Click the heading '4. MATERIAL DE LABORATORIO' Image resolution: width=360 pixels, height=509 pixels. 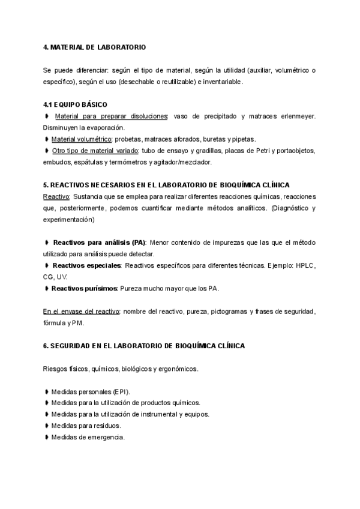click(x=94, y=47)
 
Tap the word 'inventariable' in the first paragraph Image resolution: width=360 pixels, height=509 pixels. click(x=223, y=82)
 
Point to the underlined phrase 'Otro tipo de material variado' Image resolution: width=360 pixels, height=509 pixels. click(x=95, y=151)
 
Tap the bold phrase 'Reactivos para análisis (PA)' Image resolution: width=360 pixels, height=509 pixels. click(x=100, y=242)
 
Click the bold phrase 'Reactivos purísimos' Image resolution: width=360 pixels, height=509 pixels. click(x=84, y=289)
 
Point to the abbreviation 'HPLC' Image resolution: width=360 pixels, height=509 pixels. click(x=305, y=265)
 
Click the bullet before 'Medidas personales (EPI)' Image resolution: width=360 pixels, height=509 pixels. click(x=47, y=392)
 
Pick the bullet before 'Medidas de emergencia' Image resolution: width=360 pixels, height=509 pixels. click(x=47, y=438)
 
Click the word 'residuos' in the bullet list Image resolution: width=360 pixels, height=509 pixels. click(x=107, y=426)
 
